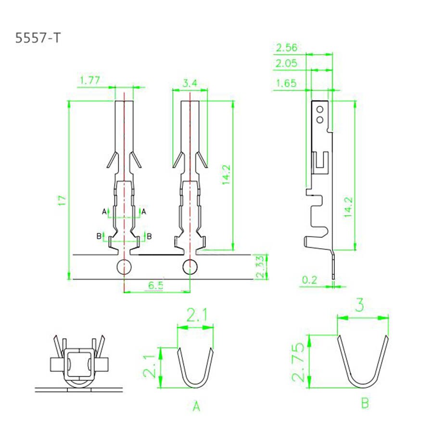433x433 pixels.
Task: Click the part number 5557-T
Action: (x=38, y=38)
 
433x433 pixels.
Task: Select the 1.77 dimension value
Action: (x=89, y=80)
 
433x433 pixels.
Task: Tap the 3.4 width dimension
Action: (x=190, y=83)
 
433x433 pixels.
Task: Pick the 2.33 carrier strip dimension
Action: (x=260, y=267)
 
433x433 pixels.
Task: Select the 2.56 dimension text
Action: (x=287, y=47)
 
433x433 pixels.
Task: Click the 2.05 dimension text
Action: (x=287, y=63)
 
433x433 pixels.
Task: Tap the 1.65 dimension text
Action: (x=287, y=83)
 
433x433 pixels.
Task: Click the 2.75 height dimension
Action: (x=299, y=362)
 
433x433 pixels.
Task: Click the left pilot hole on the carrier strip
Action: (x=124, y=266)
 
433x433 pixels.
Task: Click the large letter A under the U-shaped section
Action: (x=196, y=407)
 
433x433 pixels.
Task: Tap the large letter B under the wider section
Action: (x=365, y=403)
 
